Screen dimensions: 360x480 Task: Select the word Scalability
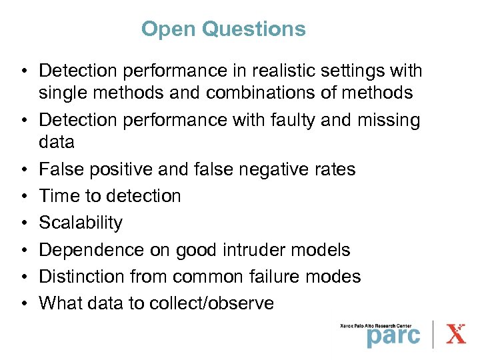pyautogui.click(x=81, y=223)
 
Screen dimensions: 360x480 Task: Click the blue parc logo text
pyautogui.click(x=393, y=335)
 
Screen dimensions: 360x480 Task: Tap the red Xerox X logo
pyautogui.click(x=456, y=333)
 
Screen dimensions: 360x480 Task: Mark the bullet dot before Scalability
pyautogui.click(x=23, y=223)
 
